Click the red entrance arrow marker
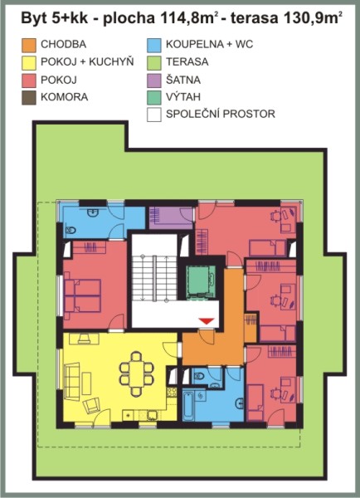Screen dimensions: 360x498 [x=207, y=320]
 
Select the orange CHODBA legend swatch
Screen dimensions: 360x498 [x=29, y=45]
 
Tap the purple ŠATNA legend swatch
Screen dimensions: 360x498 [x=154, y=80]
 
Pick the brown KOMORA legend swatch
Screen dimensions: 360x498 [x=29, y=97]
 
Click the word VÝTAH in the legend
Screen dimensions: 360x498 [x=183, y=97]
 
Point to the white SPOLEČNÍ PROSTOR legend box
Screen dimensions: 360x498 [x=154, y=115]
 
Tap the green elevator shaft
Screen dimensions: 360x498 [x=202, y=281]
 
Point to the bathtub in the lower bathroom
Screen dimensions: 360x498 [x=188, y=406]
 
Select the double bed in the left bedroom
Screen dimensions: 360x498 [x=83, y=296]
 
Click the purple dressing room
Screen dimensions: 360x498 [x=172, y=217]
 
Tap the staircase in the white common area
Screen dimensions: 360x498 [x=154, y=277]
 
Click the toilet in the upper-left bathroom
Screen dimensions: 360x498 [x=71, y=230]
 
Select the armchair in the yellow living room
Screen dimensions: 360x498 [x=91, y=405]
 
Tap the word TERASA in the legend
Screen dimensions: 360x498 [x=187, y=62]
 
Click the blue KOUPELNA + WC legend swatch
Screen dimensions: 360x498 [x=154, y=45]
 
